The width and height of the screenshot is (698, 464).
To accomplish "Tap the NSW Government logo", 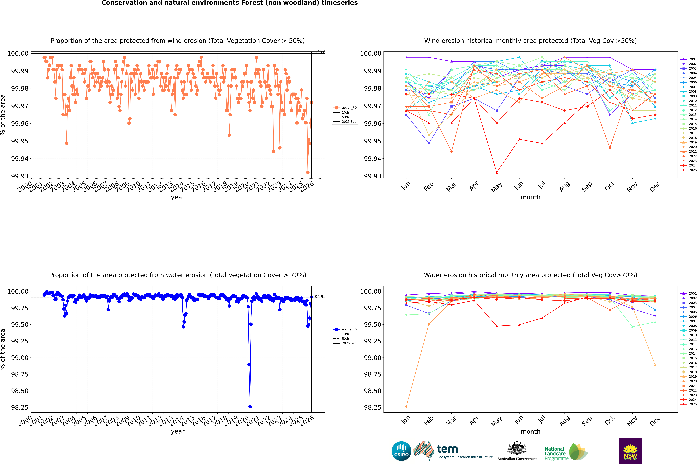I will tap(630, 451).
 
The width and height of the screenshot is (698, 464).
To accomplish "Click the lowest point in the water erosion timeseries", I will tap(250, 407).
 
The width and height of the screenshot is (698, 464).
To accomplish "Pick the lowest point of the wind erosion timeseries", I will tap(308, 172).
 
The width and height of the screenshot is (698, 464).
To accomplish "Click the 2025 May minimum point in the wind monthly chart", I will tap(497, 172).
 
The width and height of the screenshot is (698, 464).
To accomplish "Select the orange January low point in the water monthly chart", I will tap(406, 407).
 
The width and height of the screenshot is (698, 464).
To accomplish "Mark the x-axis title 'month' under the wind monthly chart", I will tap(530, 197).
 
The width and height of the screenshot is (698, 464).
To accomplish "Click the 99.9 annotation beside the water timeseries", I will tap(319, 296).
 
